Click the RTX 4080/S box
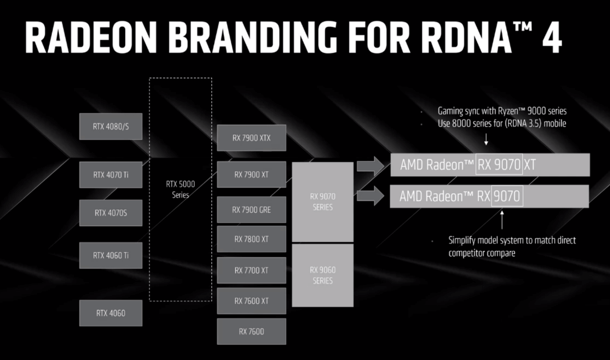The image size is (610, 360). click(x=111, y=127)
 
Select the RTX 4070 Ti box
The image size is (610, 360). click(x=111, y=175)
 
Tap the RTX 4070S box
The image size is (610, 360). click(x=111, y=213)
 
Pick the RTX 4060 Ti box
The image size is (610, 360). click(x=111, y=256)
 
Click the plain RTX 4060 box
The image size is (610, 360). click(x=111, y=313)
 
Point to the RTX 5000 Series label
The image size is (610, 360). click(x=180, y=189)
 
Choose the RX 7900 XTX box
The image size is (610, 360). click(x=251, y=138)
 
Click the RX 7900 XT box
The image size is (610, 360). click(x=251, y=174)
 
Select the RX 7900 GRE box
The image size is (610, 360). click(x=251, y=210)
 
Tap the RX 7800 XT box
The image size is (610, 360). click(x=251, y=239)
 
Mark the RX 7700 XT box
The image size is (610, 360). click(x=251, y=270)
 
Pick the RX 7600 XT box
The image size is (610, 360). click(x=251, y=301)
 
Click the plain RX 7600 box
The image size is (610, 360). click(x=251, y=331)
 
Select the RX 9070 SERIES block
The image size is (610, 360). click(x=322, y=202)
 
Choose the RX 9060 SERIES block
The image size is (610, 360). click(x=322, y=275)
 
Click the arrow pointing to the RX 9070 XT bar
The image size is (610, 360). click(x=370, y=166)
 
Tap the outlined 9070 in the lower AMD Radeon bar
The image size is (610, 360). click(x=507, y=196)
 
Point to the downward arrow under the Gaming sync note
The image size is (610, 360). click(x=486, y=139)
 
